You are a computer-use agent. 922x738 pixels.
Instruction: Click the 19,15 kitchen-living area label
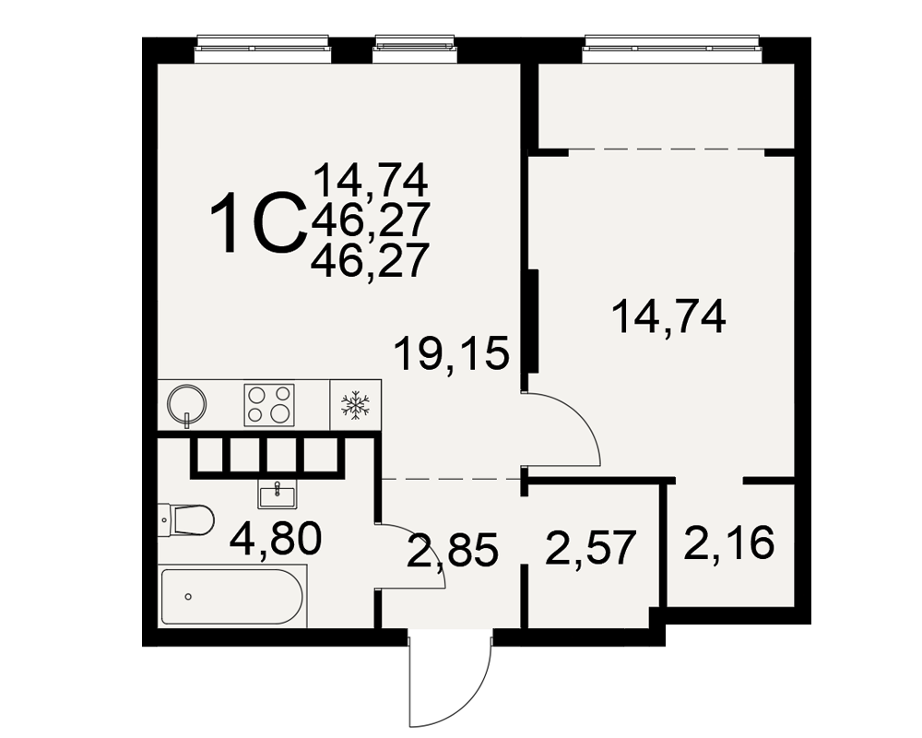[452, 353]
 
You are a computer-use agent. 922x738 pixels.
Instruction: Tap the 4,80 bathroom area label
[276, 539]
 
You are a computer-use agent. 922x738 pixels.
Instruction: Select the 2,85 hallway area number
[453, 550]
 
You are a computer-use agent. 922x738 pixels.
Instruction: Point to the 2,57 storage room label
[591, 547]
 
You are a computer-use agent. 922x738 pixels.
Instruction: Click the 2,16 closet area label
[729, 542]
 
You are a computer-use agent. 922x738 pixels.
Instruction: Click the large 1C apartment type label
[259, 223]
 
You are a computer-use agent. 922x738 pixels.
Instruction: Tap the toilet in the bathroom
[185, 519]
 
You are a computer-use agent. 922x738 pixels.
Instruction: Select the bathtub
[233, 596]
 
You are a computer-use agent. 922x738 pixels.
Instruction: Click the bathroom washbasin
[277, 494]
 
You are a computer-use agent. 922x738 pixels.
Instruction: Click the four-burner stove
[269, 405]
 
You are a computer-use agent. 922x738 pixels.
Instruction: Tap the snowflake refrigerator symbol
[355, 406]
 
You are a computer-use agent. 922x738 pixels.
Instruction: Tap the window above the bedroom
[672, 48]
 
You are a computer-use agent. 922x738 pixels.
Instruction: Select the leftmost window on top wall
[263, 48]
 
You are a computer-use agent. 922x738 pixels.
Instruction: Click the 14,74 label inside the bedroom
[668, 316]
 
